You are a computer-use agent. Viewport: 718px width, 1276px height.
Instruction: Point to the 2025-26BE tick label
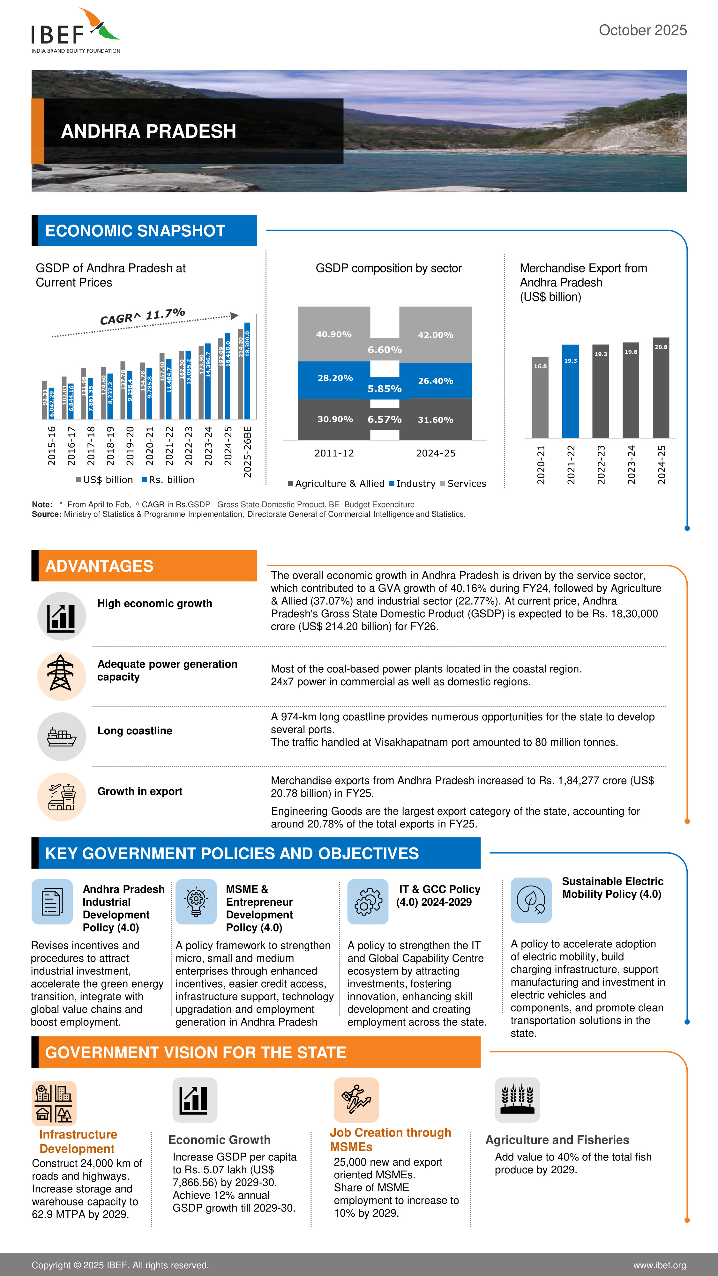[x=247, y=451]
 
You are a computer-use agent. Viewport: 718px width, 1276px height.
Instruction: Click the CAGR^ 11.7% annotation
[x=142, y=316]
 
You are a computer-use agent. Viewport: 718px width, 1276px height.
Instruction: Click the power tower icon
[x=62, y=676]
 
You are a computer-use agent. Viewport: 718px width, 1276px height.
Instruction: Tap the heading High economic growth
[x=154, y=603]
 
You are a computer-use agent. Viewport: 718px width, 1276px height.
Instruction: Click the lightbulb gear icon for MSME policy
[x=196, y=901]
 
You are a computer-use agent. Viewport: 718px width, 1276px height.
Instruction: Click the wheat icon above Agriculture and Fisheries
[x=517, y=1100]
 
